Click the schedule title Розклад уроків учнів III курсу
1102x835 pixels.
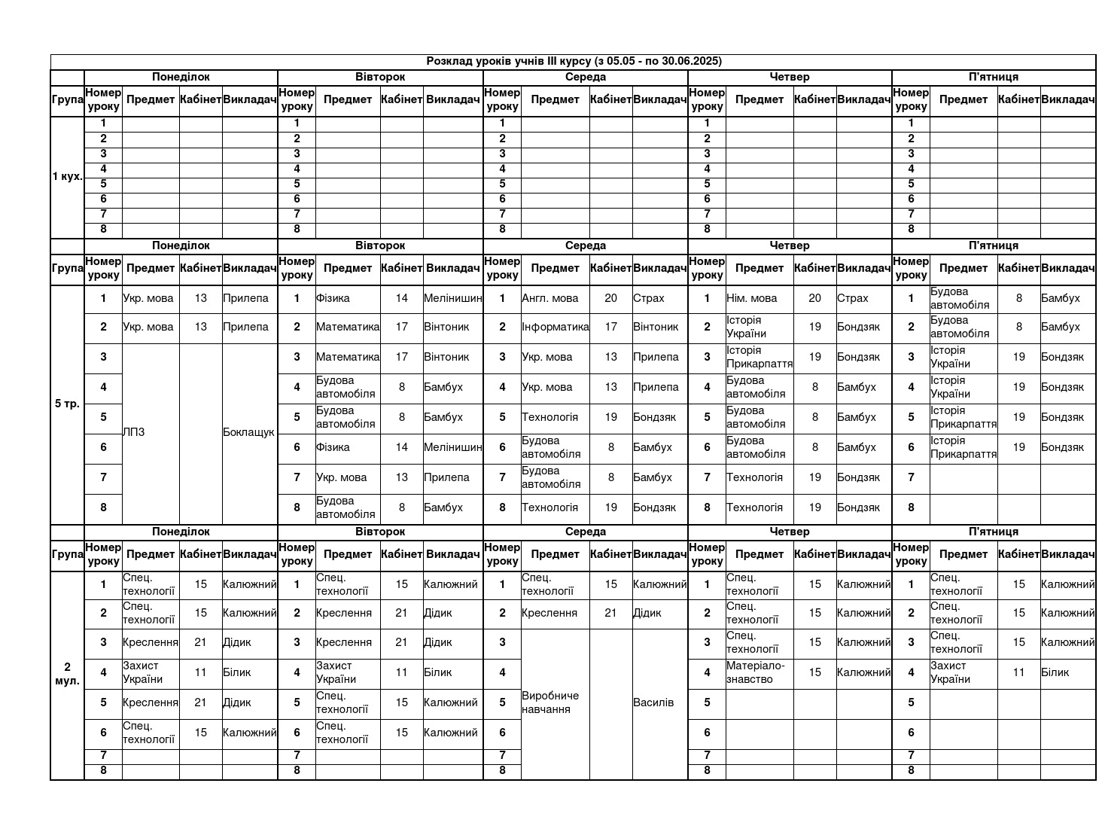574,61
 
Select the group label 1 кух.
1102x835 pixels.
67,177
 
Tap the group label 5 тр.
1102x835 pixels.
67,404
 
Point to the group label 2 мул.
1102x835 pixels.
67,674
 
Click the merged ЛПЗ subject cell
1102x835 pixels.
134,432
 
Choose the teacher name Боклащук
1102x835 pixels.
249,432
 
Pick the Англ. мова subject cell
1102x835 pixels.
550,298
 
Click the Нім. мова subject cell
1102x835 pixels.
752,298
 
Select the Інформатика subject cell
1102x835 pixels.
555,327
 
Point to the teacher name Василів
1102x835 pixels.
653,702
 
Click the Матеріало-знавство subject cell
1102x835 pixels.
755,672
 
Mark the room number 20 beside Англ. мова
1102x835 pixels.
610,298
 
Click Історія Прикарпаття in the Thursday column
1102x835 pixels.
759,357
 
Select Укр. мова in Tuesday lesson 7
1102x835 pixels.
342,477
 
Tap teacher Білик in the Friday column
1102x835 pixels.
1055,672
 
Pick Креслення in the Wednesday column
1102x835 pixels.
549,613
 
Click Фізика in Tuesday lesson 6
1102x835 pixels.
333,447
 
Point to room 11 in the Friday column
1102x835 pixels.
1018,672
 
